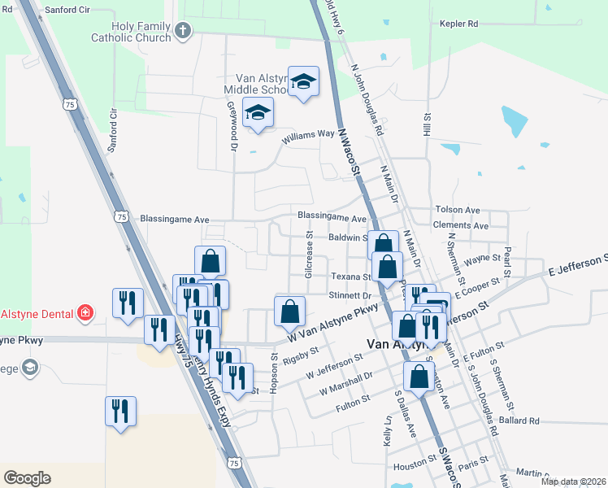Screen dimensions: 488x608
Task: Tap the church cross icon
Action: coord(183,32)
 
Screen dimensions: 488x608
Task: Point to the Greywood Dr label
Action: coord(232,132)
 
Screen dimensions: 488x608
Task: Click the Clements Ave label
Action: coord(461,225)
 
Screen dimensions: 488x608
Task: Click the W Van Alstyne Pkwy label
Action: coord(333,324)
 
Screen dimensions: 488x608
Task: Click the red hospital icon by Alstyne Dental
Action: coord(84,312)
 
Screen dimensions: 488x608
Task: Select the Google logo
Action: coord(27,477)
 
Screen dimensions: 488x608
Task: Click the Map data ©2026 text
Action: coord(573,481)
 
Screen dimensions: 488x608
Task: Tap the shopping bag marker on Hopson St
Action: coord(290,312)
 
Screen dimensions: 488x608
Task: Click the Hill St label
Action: coord(426,124)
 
